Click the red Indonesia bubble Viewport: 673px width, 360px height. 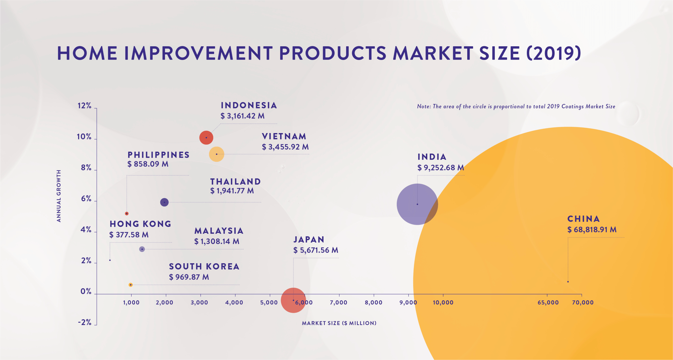tap(206, 138)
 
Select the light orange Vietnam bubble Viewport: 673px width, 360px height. tap(217, 154)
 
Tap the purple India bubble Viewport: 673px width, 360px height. tap(417, 204)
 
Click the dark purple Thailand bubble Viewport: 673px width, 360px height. tap(164, 202)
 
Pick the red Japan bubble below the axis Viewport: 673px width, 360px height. tap(293, 300)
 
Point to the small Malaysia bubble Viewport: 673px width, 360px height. tap(142, 249)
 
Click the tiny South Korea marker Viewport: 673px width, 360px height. tap(131, 285)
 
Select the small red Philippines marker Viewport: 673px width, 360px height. tap(127, 214)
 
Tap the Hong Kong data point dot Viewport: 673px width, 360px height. tap(110, 260)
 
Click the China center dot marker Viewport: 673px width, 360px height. tap(568, 282)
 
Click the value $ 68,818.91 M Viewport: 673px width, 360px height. tap(592, 230)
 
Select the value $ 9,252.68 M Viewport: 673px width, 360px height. tap(440, 168)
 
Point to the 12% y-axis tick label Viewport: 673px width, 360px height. tap(84, 106)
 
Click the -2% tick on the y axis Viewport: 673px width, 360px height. tap(85, 322)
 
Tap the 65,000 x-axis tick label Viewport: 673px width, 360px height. tap(548, 302)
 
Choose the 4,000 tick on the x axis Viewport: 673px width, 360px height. tap(234, 302)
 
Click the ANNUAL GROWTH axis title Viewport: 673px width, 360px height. tap(59, 196)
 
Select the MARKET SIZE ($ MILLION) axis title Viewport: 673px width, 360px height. tap(339, 323)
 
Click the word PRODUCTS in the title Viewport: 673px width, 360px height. tap(332, 53)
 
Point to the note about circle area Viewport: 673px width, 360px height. tap(516, 107)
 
